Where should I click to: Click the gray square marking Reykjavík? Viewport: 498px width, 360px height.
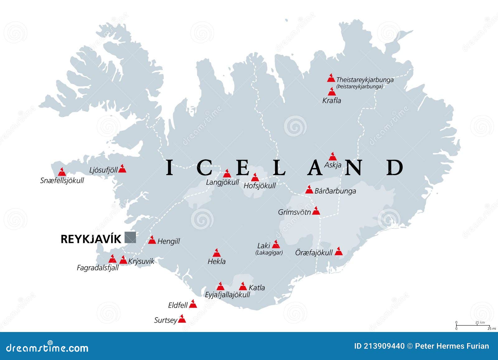130,237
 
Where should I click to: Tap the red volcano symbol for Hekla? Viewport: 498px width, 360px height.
216,253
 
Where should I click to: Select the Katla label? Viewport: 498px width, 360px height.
257,288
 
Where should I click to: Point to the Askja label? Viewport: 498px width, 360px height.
333,165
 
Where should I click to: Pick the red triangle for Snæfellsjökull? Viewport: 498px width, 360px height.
62,172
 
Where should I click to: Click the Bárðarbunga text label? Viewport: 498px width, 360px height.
335,191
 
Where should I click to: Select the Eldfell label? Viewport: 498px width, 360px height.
178,305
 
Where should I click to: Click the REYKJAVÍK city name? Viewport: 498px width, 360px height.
91,239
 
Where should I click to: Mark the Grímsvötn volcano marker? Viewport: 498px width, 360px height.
316,211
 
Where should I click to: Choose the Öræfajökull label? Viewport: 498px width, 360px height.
314,252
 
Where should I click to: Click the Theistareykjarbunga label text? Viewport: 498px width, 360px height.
365,80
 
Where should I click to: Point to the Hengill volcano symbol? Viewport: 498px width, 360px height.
152,240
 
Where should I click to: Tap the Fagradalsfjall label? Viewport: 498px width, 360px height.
98,268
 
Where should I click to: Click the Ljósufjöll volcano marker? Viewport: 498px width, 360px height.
122,169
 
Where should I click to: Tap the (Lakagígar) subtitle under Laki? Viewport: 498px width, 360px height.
269,253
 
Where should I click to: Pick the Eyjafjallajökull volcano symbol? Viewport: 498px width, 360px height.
220,286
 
